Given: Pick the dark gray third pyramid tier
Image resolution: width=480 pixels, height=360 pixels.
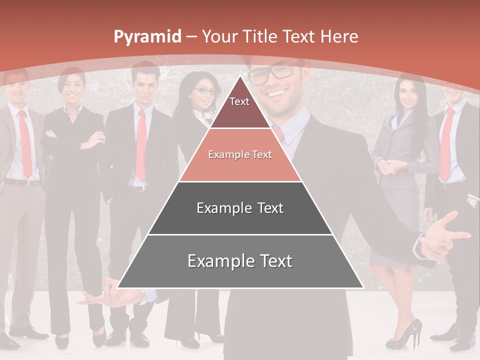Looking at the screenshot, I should tap(240, 208).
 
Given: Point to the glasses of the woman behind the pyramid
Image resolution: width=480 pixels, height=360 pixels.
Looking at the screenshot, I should tap(204, 91).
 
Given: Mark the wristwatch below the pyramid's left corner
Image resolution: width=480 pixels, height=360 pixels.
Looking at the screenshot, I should tap(143, 296).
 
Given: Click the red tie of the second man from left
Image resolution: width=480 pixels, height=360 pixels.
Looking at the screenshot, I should tap(141, 145).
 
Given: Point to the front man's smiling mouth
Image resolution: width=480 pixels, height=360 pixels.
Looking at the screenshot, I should tap(278, 94).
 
